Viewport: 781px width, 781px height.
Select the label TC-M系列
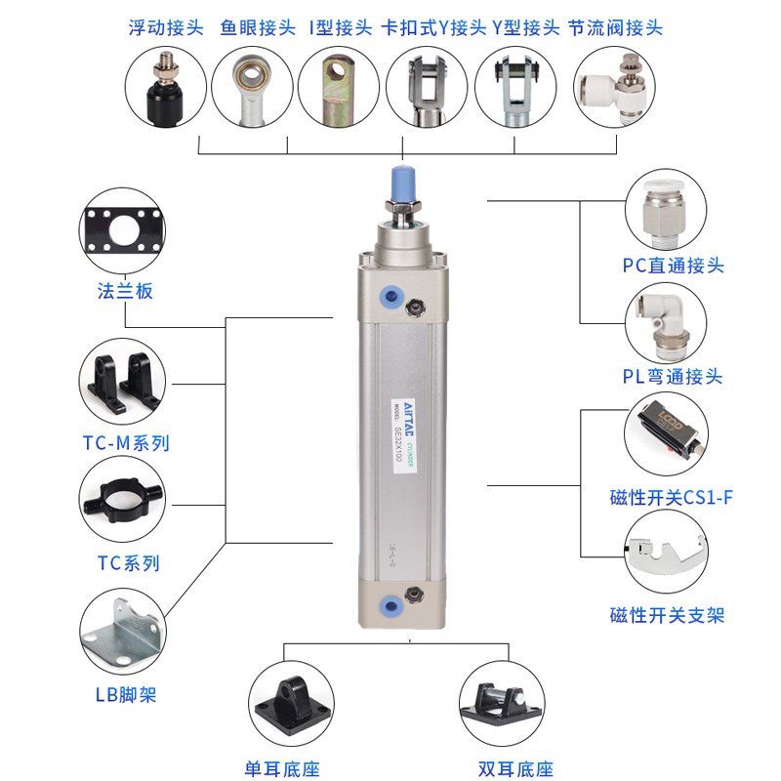point(126,442)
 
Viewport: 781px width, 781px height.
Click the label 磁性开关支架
point(667,615)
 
